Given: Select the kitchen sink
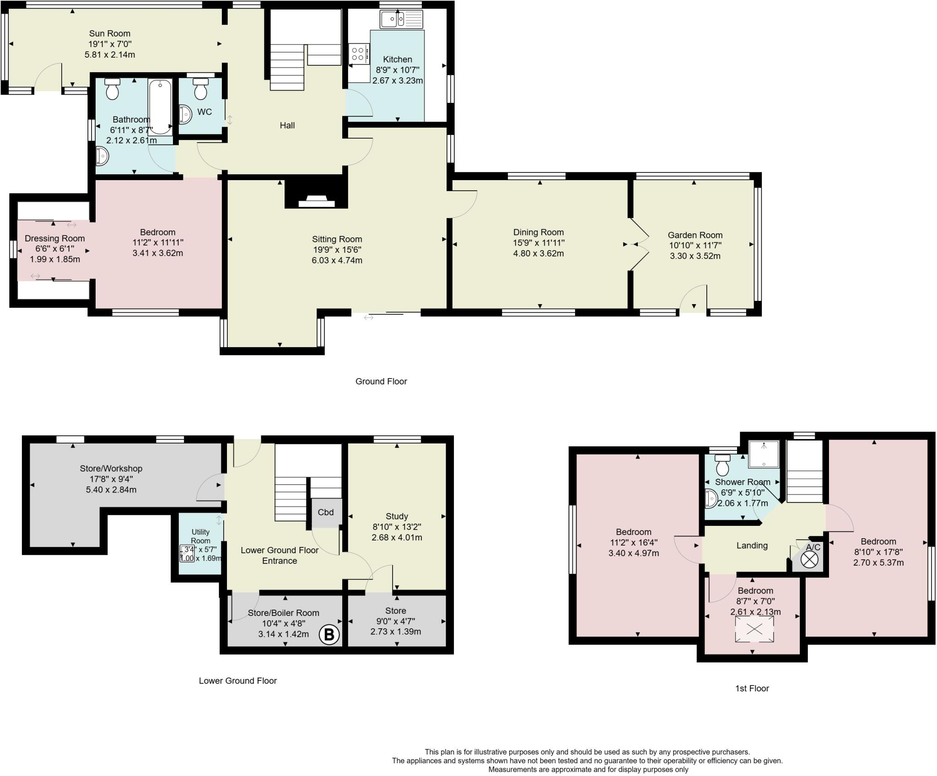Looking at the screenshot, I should click(x=401, y=20).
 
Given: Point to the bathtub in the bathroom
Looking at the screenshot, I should click(x=160, y=106).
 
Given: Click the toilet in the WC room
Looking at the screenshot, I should click(x=200, y=89).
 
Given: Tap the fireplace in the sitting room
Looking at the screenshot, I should click(x=316, y=200).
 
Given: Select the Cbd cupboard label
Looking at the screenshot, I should click(x=326, y=512).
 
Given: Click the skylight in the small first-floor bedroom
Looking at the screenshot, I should click(x=754, y=629).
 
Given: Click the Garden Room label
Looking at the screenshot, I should click(x=695, y=235).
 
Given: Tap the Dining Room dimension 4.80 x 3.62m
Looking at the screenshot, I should click(x=539, y=253).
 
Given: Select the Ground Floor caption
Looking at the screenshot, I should click(x=381, y=381).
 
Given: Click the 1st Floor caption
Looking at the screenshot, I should click(x=752, y=688).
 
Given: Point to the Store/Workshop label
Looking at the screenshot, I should click(x=111, y=468).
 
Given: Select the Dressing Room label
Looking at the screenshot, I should click(x=54, y=238).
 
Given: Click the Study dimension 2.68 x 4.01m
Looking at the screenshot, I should click(x=397, y=537).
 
